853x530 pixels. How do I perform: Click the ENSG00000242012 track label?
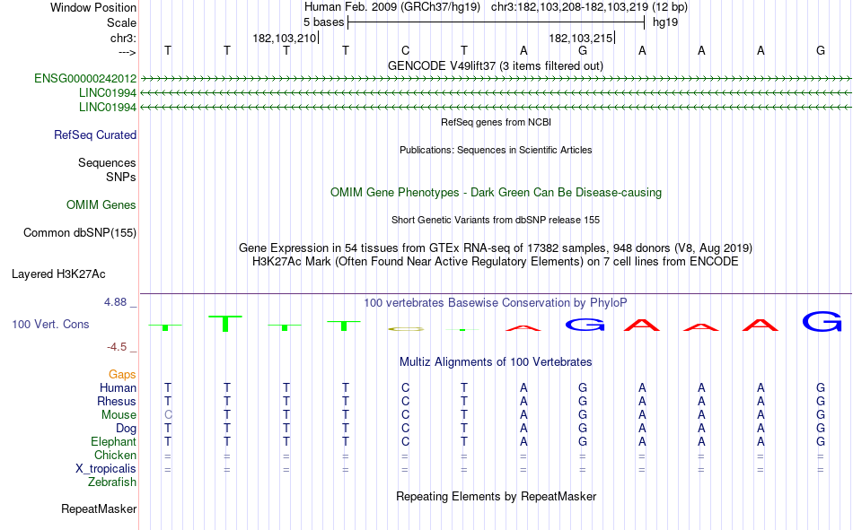pos(85,78)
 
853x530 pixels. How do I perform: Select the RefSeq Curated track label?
pos(95,135)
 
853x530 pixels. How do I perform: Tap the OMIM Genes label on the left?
pos(101,205)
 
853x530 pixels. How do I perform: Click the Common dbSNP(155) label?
pos(80,232)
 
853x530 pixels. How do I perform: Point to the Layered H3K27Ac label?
pos(58,274)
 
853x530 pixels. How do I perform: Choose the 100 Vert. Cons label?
pos(50,324)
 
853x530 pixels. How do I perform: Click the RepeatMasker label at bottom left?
pos(99,508)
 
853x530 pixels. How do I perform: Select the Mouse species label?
pos(119,414)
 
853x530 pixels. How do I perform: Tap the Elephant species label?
pos(114,441)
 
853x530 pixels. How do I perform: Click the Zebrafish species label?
pos(112,482)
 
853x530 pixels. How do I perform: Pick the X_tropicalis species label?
pos(106,469)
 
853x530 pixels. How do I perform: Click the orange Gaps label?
pos(122,374)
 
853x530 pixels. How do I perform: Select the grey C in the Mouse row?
pos(168,414)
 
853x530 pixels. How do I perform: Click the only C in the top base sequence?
pos(405,50)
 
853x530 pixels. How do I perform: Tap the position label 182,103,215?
pos(581,38)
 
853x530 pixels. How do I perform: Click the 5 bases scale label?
pos(323,22)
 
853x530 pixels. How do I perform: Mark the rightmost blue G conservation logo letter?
pos(822,321)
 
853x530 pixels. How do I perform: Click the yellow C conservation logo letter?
pos(405,329)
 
